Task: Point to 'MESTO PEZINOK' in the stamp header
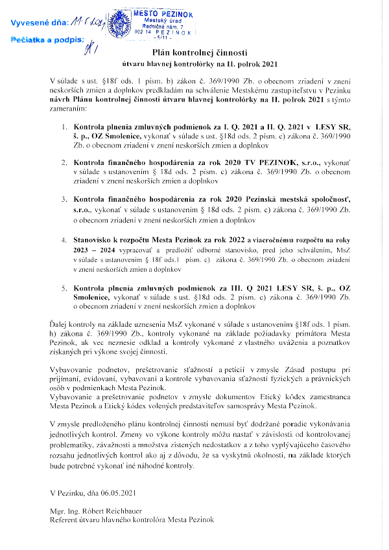coord(161,13)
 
